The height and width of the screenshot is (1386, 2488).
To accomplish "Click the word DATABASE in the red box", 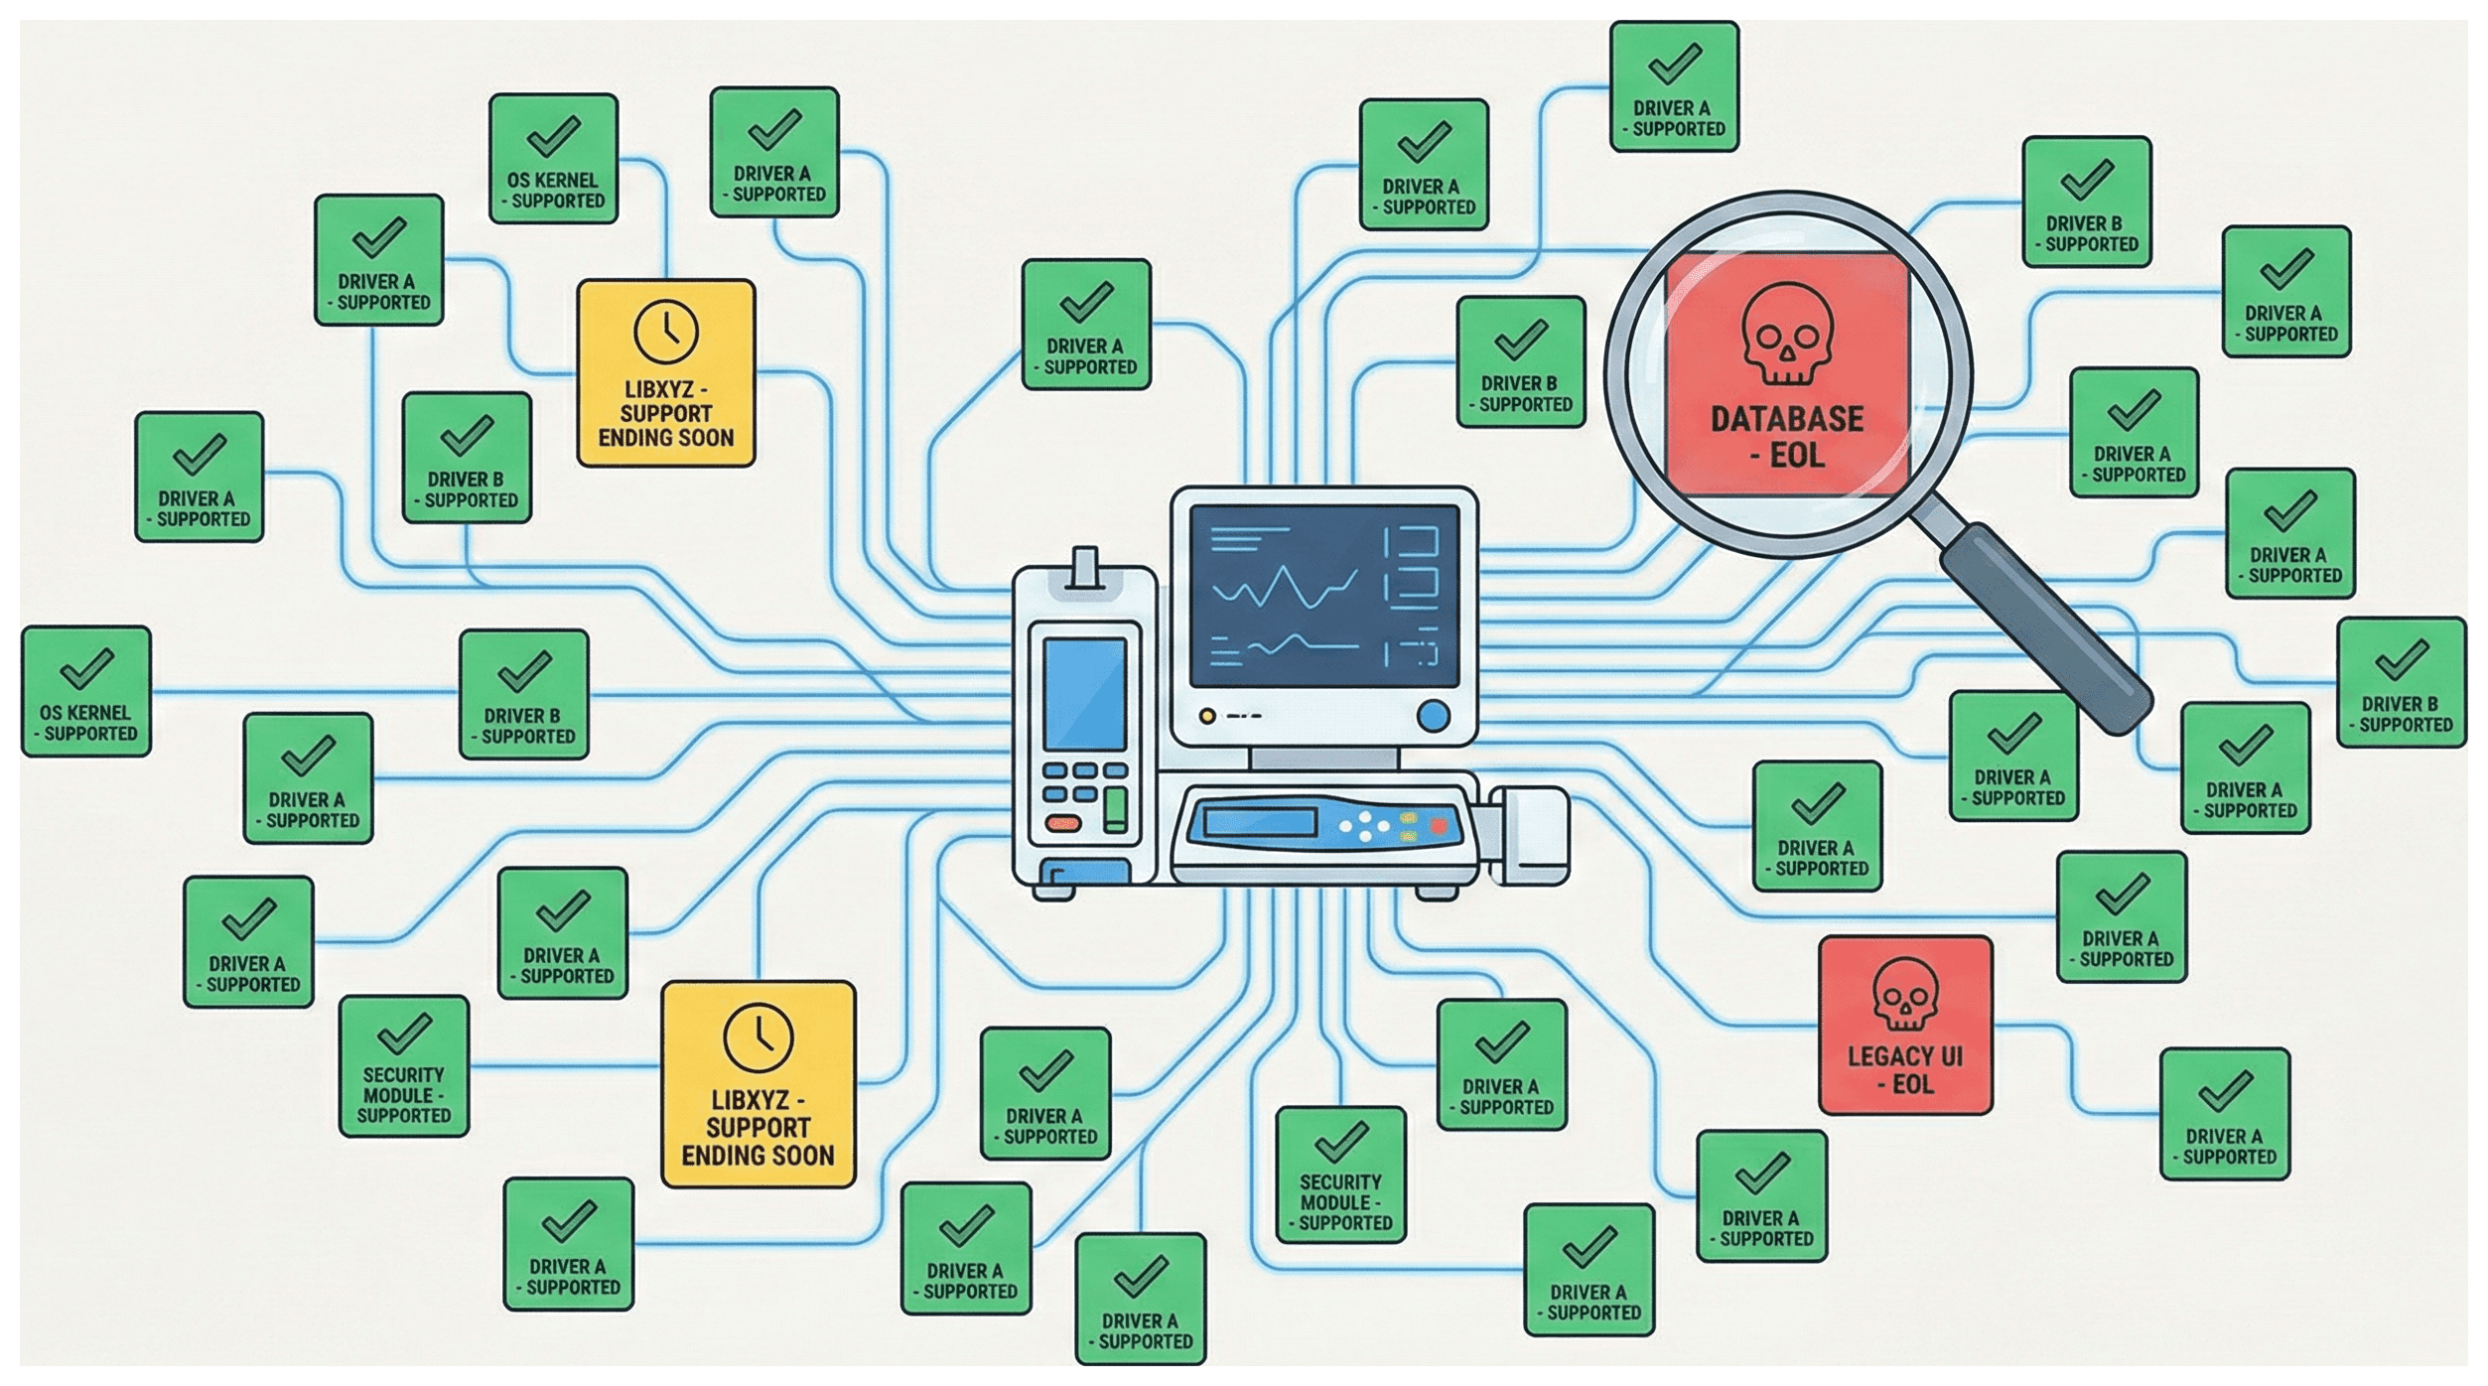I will tap(1786, 419).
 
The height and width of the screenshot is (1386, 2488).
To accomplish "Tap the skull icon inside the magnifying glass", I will tap(1786, 334).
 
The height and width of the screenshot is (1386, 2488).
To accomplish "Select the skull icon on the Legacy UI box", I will tap(1905, 993).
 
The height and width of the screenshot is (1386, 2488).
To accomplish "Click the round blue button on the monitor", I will tap(1433, 716).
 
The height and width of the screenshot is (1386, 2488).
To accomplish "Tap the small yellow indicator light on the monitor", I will tap(1207, 716).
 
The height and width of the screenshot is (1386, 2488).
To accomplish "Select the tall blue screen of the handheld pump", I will tap(1084, 694).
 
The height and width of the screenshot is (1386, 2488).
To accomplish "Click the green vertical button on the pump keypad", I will tap(1116, 808).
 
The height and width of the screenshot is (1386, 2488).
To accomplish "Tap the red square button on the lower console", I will tap(1438, 825).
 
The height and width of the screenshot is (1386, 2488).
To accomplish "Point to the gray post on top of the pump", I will tap(1085, 567).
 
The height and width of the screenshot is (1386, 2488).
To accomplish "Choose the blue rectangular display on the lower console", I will tap(1259, 822).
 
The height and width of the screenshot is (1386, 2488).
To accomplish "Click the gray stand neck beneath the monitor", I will tap(1324, 760).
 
